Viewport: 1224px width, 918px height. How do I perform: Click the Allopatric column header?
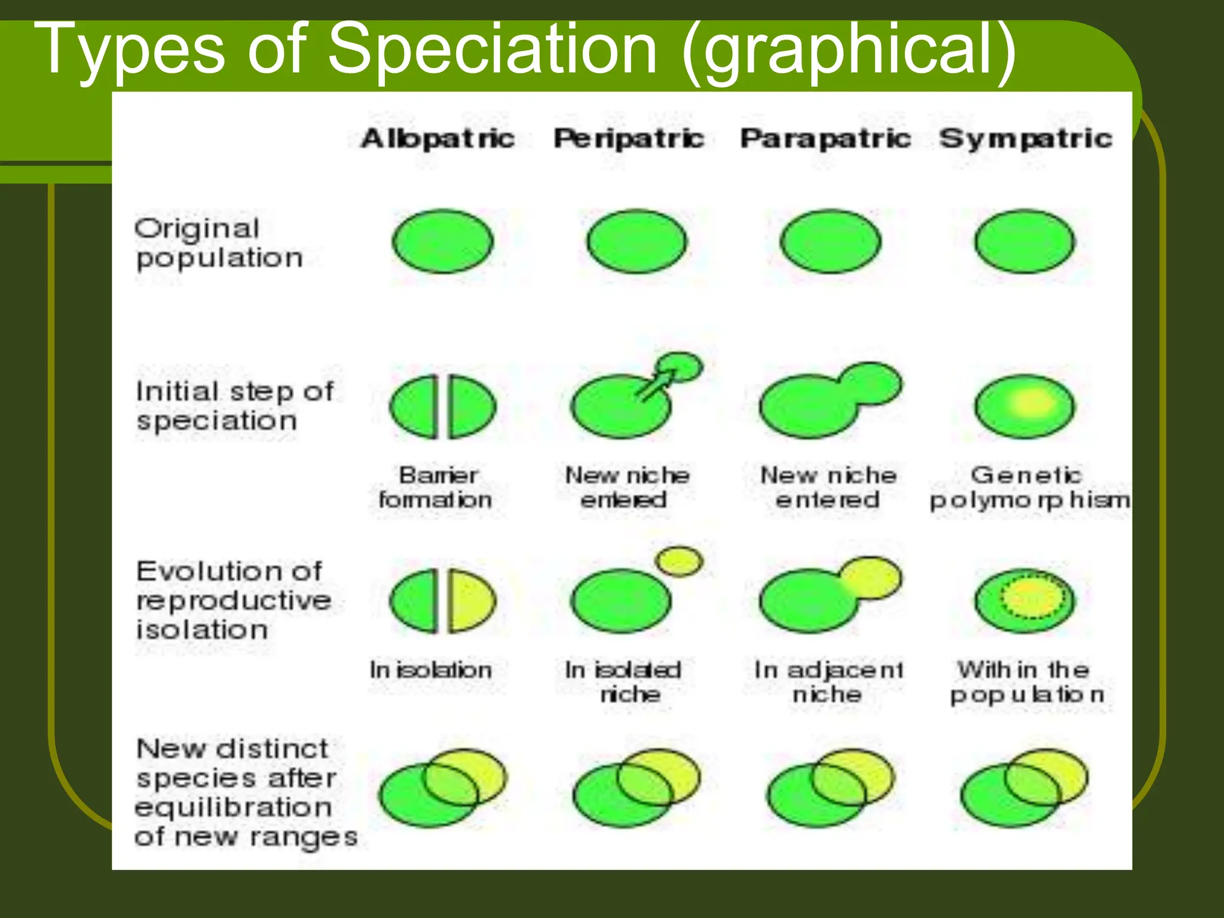click(437, 139)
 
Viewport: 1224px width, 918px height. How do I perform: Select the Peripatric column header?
click(629, 139)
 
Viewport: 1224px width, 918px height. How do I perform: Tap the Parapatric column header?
click(825, 139)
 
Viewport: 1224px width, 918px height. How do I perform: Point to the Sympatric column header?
click(1026, 139)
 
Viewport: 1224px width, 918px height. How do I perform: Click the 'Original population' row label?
click(219, 243)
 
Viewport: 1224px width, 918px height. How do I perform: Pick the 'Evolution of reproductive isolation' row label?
click(233, 600)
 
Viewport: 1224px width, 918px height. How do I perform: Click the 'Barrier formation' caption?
click(436, 488)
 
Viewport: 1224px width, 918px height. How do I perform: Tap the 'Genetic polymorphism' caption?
click(1028, 488)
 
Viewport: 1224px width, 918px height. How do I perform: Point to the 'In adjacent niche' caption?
click(828, 682)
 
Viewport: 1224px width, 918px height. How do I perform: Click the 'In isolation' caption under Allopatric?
click(430, 670)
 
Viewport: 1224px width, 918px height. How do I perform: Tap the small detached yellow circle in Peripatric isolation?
click(680, 561)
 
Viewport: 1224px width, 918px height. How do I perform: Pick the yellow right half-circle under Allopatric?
click(471, 601)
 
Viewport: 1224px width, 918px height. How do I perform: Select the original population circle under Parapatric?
click(830, 241)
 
